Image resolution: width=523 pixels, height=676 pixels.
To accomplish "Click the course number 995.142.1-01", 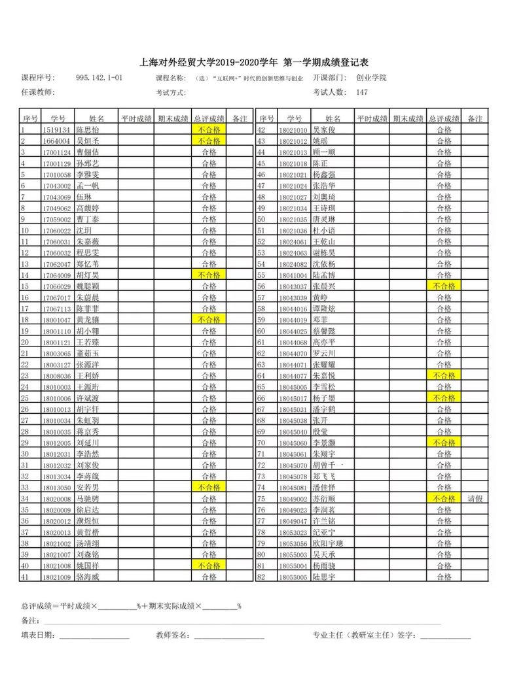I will tap(99, 78).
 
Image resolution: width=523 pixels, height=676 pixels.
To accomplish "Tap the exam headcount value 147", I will tap(363, 92).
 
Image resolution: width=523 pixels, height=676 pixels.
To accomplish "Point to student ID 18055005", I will tap(292, 577).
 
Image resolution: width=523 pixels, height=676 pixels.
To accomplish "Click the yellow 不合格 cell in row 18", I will tap(209, 320).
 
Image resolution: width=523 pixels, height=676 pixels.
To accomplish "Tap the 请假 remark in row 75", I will tap(475, 498).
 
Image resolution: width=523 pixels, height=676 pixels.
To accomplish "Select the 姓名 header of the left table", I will tap(97, 118).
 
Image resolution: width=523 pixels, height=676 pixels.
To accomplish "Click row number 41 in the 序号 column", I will tap(27, 577).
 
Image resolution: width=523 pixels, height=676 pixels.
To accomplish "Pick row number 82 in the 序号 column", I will tap(264, 577).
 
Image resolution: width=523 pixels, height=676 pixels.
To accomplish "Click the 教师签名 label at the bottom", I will tap(172, 635).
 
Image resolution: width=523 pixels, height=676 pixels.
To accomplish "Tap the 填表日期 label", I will tap(39, 635).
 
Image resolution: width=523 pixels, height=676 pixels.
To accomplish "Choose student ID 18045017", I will tap(292, 398).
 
